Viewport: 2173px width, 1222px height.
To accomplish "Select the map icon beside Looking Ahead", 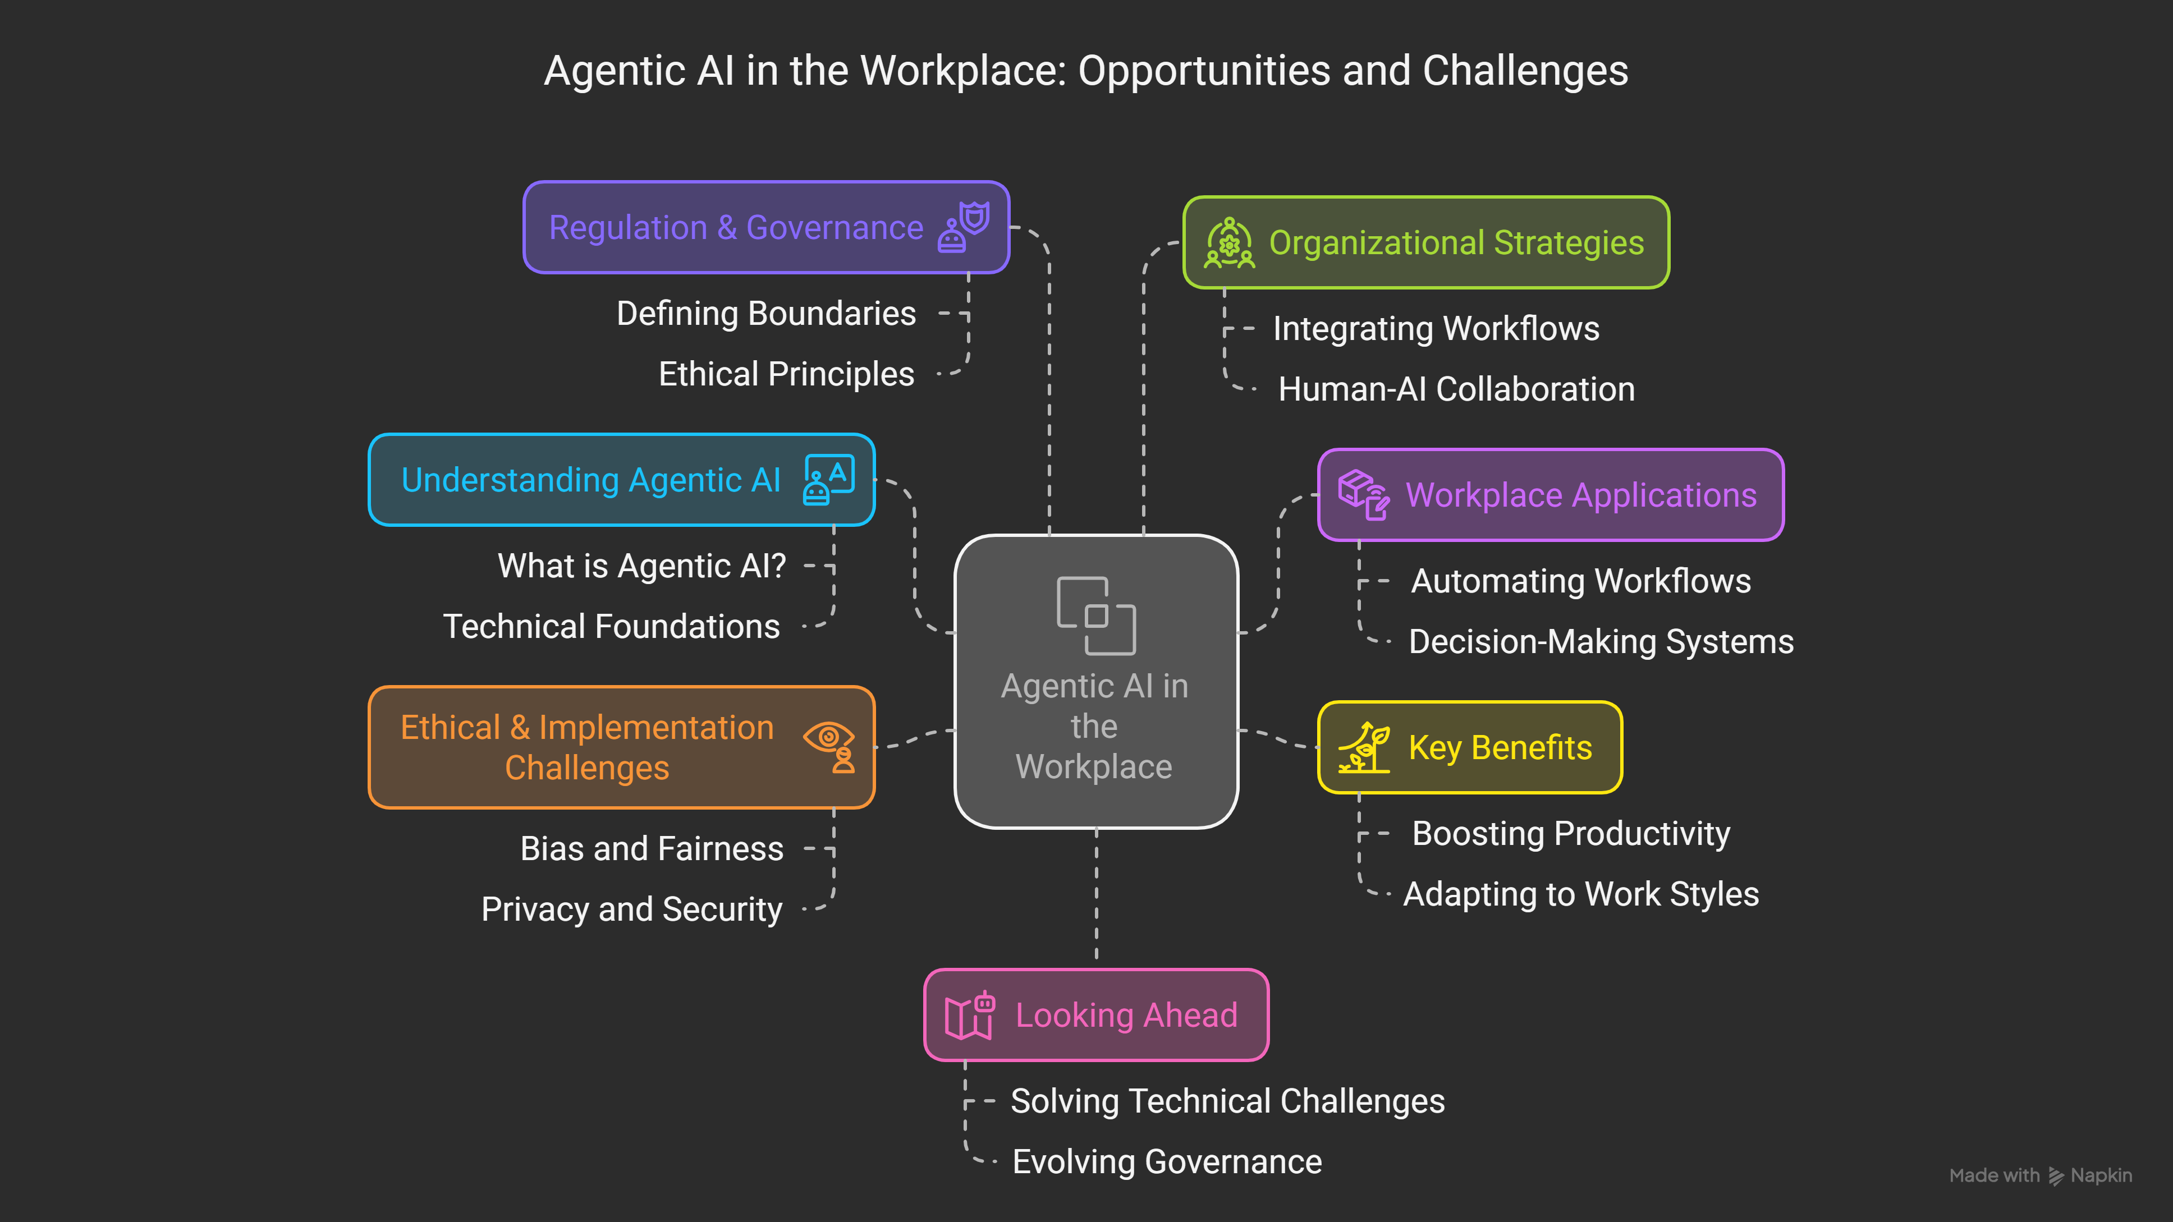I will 969,1016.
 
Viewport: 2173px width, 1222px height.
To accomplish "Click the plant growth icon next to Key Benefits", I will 1363,747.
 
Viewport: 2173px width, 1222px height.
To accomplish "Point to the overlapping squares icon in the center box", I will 1096,615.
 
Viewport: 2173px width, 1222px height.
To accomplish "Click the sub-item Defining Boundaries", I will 766,314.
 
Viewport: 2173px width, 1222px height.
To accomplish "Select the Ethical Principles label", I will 786,374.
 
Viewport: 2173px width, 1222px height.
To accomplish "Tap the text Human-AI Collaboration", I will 1456,389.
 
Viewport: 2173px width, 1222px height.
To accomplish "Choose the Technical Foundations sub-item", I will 612,627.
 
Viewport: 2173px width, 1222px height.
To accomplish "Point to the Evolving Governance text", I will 1167,1162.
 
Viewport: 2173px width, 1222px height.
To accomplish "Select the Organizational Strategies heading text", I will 1456,243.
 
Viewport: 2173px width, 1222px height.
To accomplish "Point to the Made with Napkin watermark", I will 2040,1175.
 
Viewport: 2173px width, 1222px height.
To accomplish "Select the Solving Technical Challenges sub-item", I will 1227,1101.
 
